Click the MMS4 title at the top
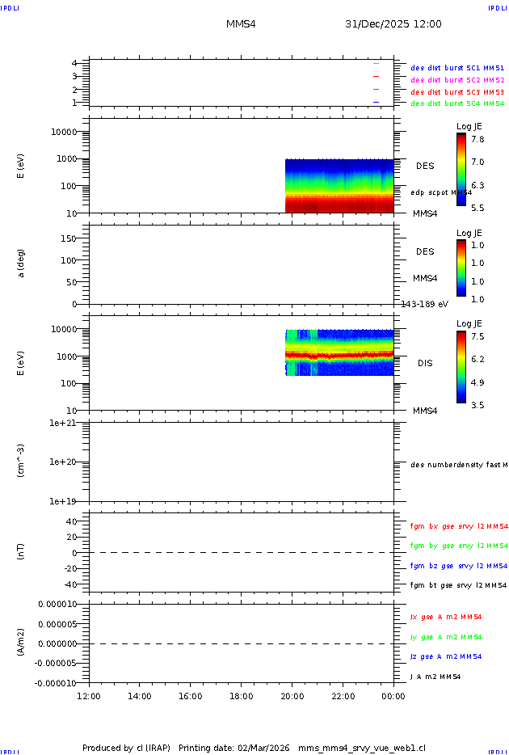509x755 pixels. click(241, 24)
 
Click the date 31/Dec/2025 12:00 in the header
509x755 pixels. click(393, 24)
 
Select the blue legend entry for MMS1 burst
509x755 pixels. click(457, 69)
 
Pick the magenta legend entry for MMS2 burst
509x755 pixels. click(457, 80)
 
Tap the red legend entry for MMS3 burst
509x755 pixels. click(457, 92)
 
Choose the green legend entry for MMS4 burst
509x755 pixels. click(457, 103)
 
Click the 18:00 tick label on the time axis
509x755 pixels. click(241, 696)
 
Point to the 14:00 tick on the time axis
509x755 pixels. click(140, 696)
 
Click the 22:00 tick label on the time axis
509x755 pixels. click(343, 696)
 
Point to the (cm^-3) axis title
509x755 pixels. click(23, 462)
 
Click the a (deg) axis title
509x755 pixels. click(21, 262)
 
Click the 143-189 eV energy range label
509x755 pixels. click(424, 304)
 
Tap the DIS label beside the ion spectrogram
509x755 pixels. click(425, 363)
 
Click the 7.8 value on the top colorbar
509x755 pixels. click(478, 139)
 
